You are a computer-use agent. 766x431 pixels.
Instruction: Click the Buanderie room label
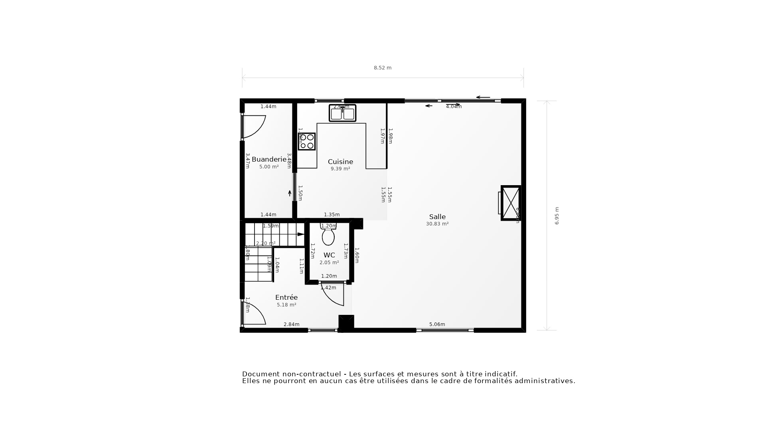point(269,160)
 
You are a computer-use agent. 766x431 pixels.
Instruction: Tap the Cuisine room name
point(340,162)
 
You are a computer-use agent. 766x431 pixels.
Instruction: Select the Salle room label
point(437,217)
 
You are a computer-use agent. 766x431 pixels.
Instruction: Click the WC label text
point(329,255)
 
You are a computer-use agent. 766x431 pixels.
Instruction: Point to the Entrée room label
point(286,297)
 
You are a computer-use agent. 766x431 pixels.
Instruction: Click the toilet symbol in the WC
point(328,235)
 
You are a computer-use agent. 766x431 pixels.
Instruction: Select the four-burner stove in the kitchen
point(307,141)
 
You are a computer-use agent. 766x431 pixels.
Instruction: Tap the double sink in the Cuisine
point(342,113)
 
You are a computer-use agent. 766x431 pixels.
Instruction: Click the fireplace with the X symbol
point(511,203)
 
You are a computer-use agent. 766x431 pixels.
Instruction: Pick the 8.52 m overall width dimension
point(383,68)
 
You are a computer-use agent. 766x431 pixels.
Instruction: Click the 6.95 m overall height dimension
point(557,215)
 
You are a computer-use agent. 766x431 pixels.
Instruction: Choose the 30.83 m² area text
point(437,224)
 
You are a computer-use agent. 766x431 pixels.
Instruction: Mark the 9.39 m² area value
point(340,169)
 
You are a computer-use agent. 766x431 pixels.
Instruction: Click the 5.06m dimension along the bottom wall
point(437,324)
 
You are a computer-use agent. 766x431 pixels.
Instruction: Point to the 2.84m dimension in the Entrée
point(291,324)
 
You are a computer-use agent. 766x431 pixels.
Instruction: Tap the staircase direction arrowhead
point(301,234)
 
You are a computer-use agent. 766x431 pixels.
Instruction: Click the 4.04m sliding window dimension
point(454,107)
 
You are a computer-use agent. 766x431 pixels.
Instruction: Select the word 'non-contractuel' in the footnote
point(312,374)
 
